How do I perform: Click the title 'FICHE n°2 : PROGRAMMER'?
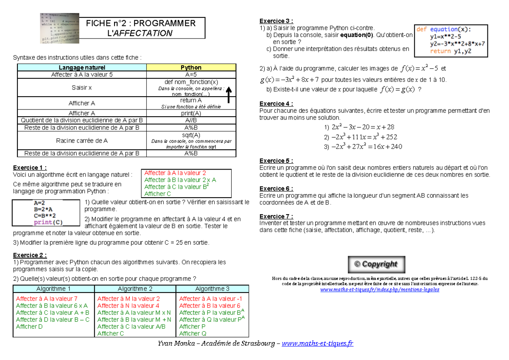[141, 23]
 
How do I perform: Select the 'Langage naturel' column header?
[82, 67]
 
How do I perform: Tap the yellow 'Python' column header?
[191, 67]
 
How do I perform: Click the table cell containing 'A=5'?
[191, 75]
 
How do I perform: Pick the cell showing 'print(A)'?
[191, 113]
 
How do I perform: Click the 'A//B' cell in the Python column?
[191, 120]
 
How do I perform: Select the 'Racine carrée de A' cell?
[82, 140]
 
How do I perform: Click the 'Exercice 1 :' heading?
[30, 167]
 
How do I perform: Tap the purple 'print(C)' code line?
[48, 222]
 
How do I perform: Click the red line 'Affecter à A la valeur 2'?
[175, 173]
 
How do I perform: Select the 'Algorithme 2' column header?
[135, 289]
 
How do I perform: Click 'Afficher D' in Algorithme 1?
[29, 327]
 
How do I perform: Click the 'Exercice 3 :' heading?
[276, 21]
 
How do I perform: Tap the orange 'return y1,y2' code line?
[450, 51]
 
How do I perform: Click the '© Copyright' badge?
[377, 264]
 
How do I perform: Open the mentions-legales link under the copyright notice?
[380, 290]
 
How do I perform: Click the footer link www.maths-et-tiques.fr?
[317, 343]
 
